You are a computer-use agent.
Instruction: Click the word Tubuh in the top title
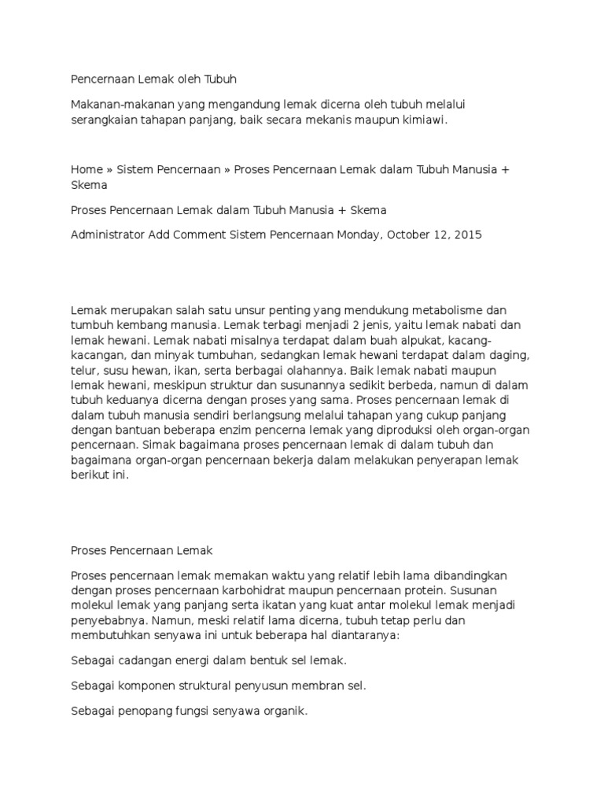(x=220, y=79)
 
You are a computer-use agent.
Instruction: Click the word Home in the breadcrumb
(x=87, y=170)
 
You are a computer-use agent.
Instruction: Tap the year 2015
(x=468, y=235)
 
